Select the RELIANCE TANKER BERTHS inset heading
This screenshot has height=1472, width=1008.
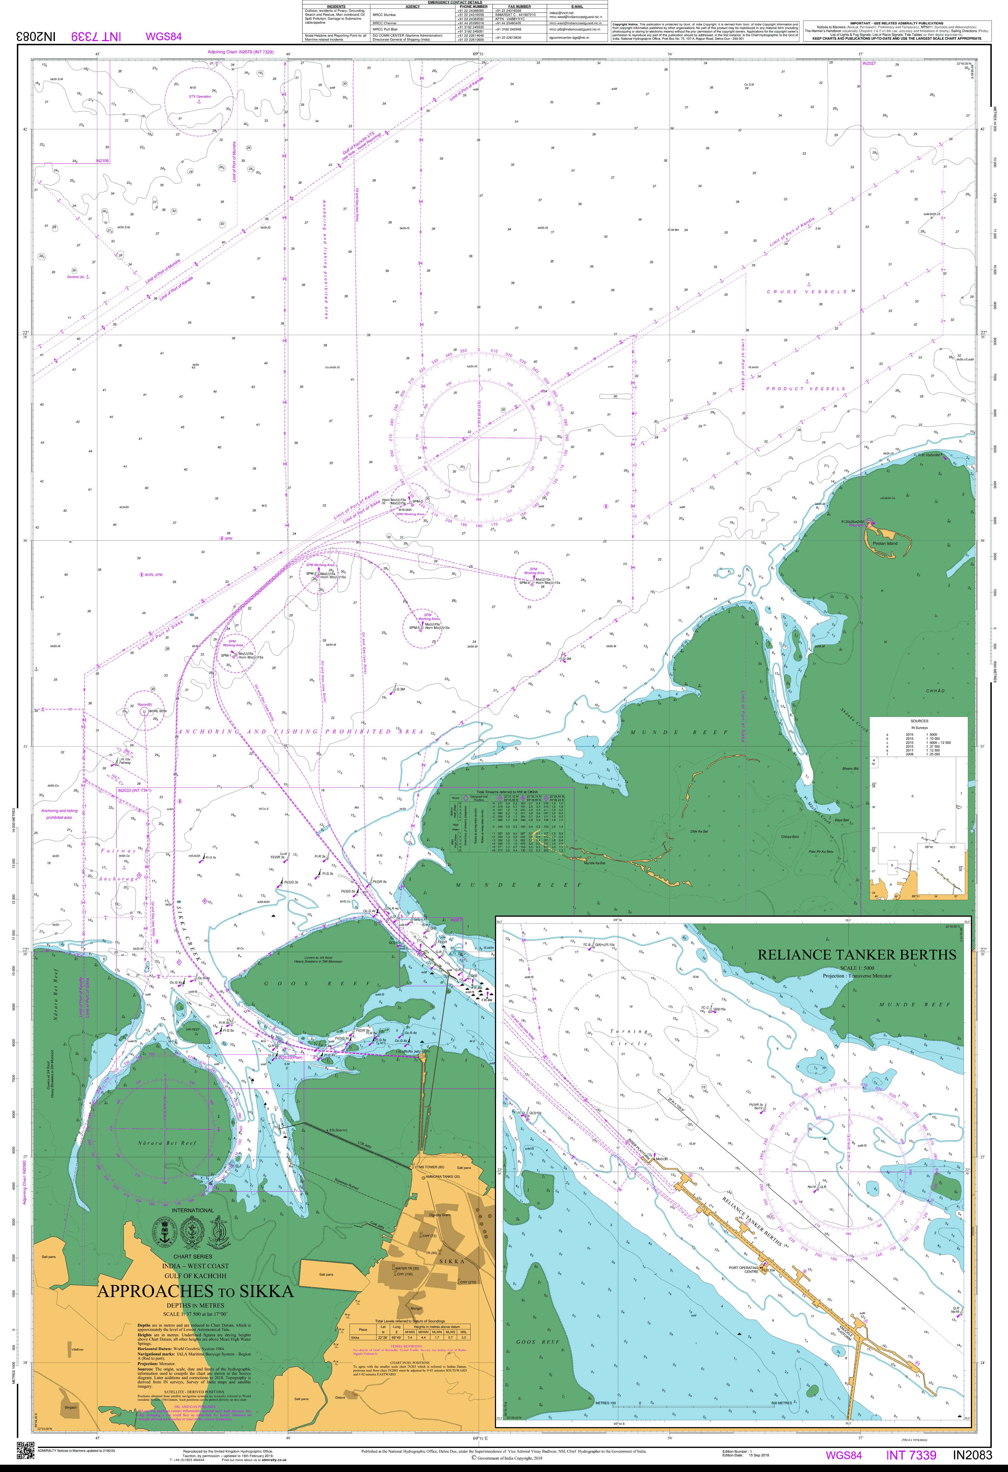[x=857, y=955]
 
